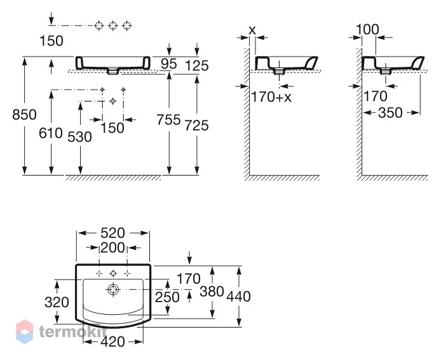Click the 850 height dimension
25,115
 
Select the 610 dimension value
51,133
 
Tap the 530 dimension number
80,137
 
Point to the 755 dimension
168,120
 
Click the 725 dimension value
196,125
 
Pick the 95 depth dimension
169,64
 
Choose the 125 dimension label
197,66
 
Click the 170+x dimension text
271,97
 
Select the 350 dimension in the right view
390,113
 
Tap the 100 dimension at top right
367,29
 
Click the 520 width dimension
112,233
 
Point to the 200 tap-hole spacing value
112,248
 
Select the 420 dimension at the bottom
112,342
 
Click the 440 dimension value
238,296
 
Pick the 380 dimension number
212,291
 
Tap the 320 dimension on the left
57,302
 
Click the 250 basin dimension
167,297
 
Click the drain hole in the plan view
113,289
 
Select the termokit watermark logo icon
25,331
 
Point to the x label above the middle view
252,30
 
